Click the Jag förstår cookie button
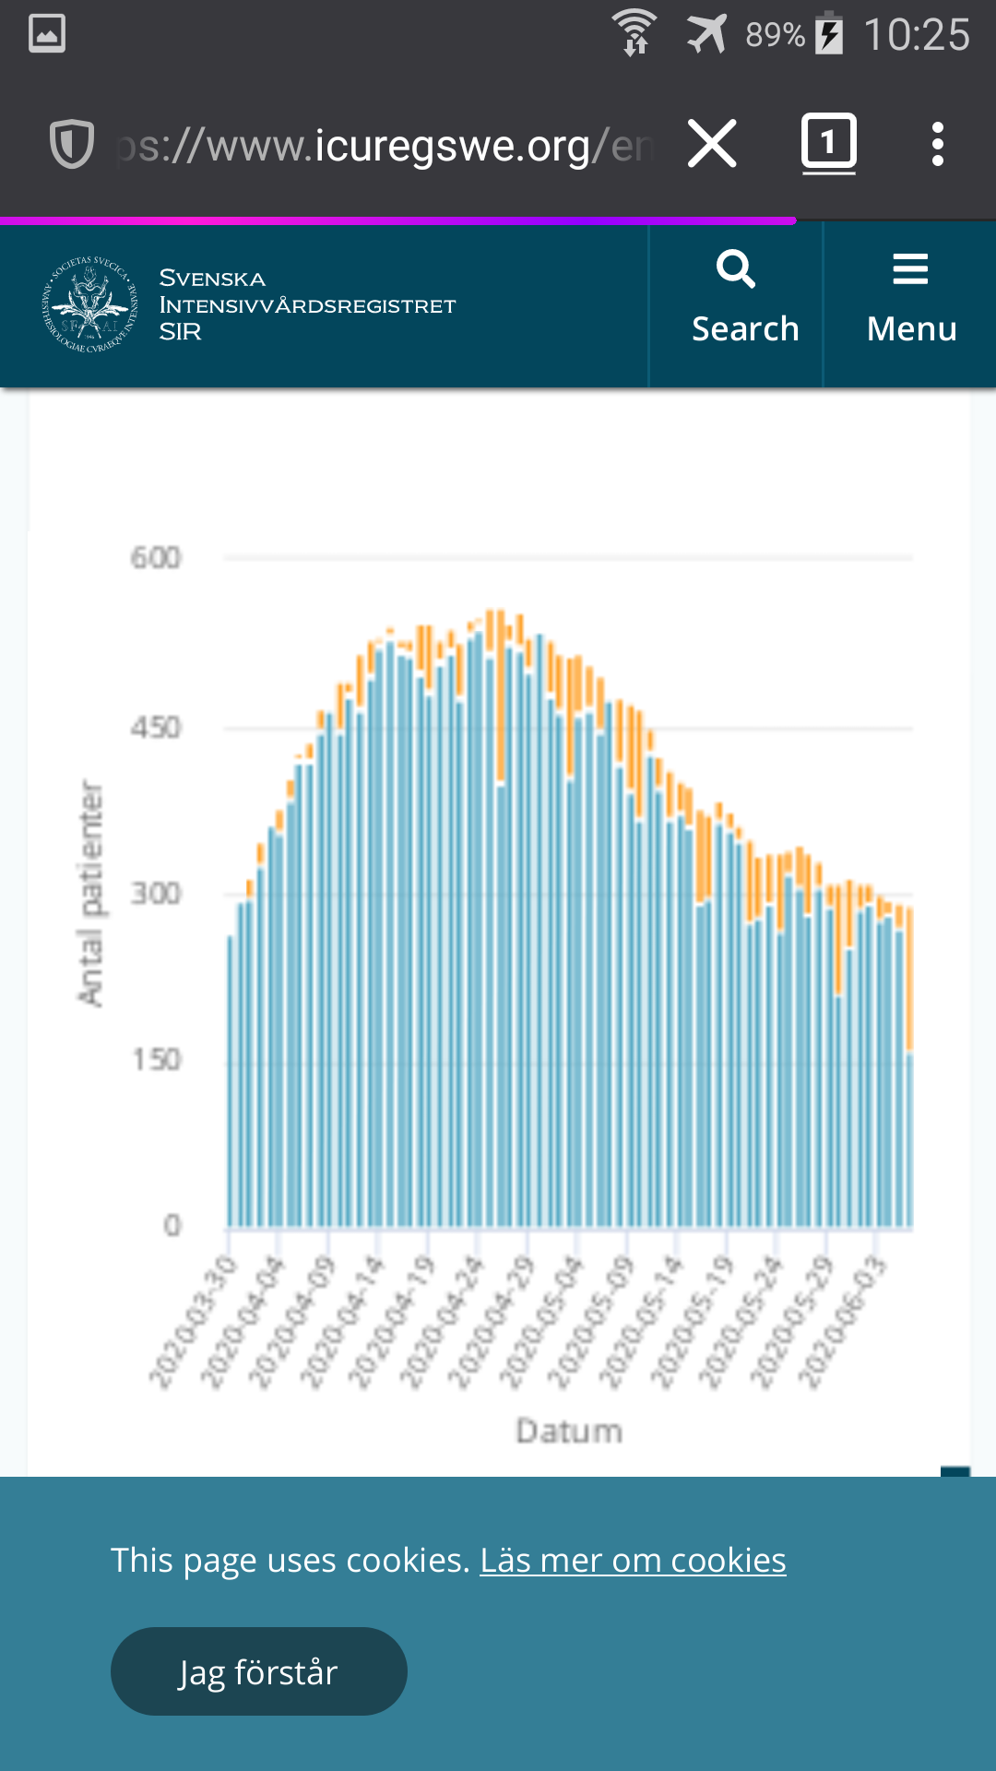tap(258, 1671)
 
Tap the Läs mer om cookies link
tap(633, 1561)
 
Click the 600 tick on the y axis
tap(156, 558)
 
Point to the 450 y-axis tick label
tap(156, 728)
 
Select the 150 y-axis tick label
tap(156, 1059)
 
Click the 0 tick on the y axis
tap(172, 1225)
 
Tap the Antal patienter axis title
tap(90, 893)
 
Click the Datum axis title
tap(569, 1431)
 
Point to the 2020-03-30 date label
tap(194, 1321)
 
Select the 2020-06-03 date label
tap(842, 1321)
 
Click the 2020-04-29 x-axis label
tap(492, 1321)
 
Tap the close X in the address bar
tap(712, 144)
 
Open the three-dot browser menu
tap(937, 144)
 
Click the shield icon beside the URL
tap(71, 145)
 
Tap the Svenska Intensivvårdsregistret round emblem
tap(89, 304)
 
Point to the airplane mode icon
tap(706, 34)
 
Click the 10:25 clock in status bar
tap(916, 35)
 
